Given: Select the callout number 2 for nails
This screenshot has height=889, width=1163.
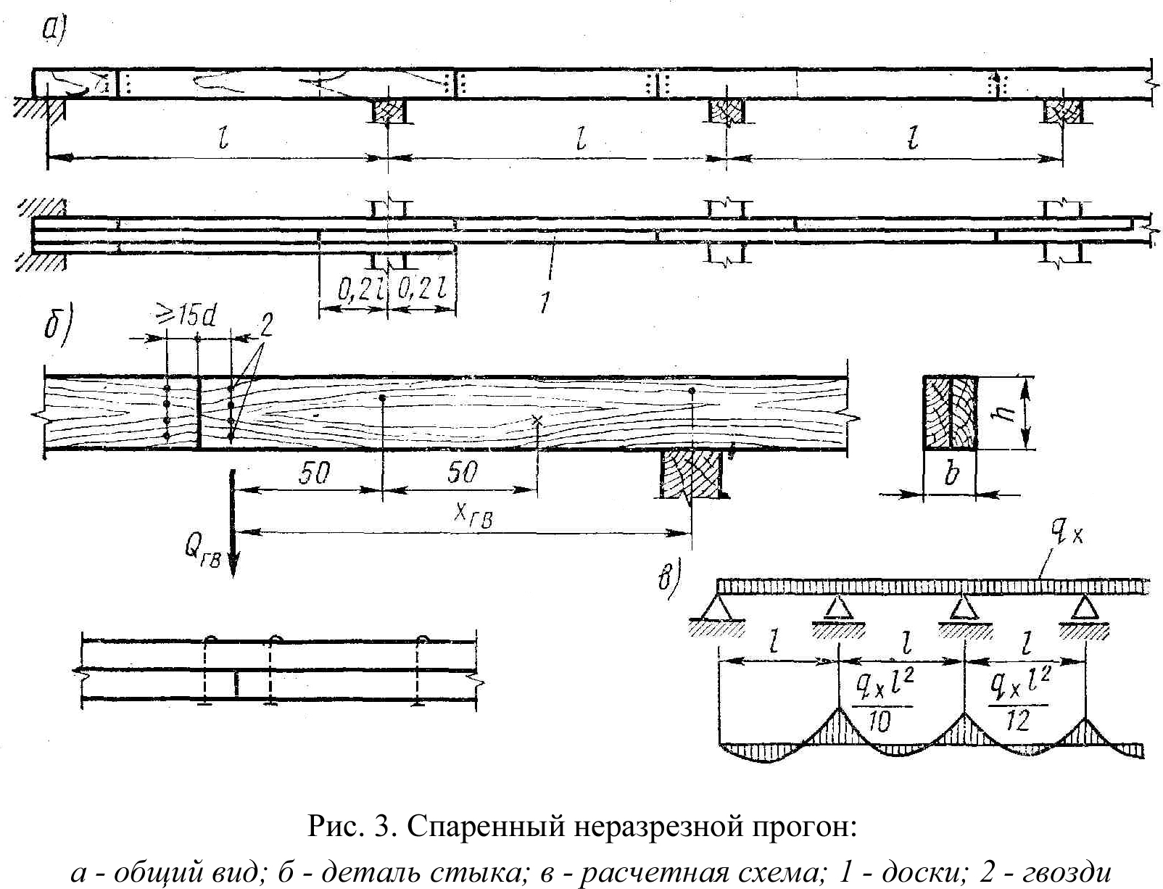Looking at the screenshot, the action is (x=265, y=327).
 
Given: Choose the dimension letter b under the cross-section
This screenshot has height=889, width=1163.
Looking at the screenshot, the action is (x=951, y=475).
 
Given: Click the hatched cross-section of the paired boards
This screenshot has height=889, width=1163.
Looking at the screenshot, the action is (x=951, y=413).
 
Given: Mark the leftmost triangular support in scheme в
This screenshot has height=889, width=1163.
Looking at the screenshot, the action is (x=717, y=607).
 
